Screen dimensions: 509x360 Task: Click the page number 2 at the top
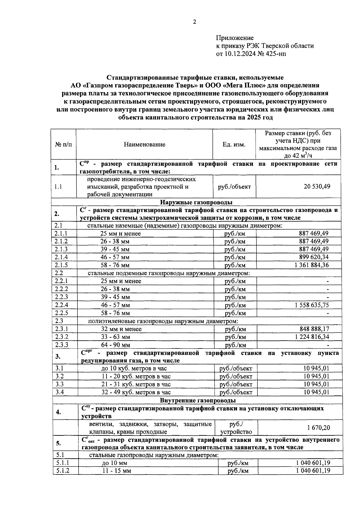point(194,22)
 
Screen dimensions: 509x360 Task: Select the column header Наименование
point(145,144)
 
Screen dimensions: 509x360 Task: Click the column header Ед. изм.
point(234,144)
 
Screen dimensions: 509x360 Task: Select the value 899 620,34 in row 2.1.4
point(313,257)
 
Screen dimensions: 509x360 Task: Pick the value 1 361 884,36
point(312,265)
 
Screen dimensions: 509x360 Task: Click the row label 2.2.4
point(61,305)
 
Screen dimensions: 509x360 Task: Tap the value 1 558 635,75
point(312,305)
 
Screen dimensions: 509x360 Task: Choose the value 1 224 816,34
point(312,337)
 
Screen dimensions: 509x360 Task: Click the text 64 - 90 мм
point(115,345)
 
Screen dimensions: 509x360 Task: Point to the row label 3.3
point(60,384)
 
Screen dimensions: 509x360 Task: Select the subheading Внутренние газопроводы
point(198,400)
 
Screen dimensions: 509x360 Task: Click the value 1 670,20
point(319,428)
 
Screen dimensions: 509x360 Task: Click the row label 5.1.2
point(62,471)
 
